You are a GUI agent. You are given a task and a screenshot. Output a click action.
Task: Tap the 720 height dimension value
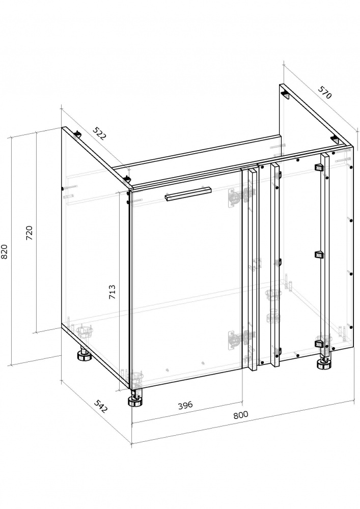pos(29,233)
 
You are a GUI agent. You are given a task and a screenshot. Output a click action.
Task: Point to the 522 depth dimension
pos(99,133)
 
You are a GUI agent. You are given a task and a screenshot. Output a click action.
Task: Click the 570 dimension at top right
pos(324,92)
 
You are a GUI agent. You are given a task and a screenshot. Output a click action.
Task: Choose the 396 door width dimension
pos(185,405)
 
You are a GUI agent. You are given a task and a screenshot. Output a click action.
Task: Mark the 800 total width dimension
pos(240,414)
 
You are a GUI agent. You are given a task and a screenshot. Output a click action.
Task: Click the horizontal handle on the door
pos(188,193)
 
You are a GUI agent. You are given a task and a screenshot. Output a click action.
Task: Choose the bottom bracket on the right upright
pos(318,344)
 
